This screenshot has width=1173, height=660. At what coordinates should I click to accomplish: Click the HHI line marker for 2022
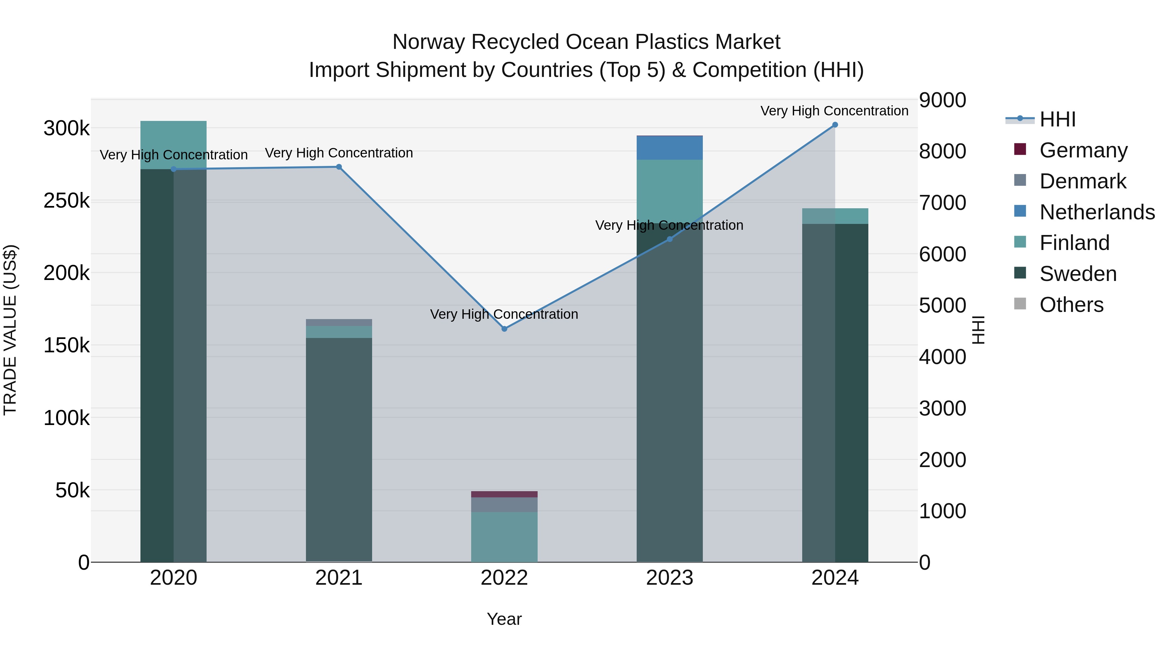pos(504,329)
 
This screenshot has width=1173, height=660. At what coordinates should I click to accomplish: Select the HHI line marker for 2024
pos(835,125)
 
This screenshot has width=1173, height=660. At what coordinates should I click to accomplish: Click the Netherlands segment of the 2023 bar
pos(669,148)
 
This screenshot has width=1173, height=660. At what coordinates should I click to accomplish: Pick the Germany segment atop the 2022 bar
pos(504,494)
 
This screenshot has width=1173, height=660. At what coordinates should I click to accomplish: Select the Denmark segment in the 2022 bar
pos(504,505)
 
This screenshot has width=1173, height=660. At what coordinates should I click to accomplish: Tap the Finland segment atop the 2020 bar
pos(173,144)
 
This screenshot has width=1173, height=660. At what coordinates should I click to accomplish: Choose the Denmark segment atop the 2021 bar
pos(339,322)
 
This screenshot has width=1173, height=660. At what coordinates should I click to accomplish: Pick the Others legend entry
pos(1071,305)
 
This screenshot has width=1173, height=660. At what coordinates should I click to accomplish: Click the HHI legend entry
pos(1057,119)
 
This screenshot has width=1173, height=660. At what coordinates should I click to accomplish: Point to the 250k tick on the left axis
pos(66,201)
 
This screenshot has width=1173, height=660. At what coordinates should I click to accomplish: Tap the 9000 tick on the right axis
pos(942,100)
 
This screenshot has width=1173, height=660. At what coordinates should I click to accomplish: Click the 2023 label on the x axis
pos(669,578)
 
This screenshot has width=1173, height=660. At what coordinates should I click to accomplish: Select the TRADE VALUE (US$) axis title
pos(10,330)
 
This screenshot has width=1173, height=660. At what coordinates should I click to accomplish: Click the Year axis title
pos(504,619)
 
